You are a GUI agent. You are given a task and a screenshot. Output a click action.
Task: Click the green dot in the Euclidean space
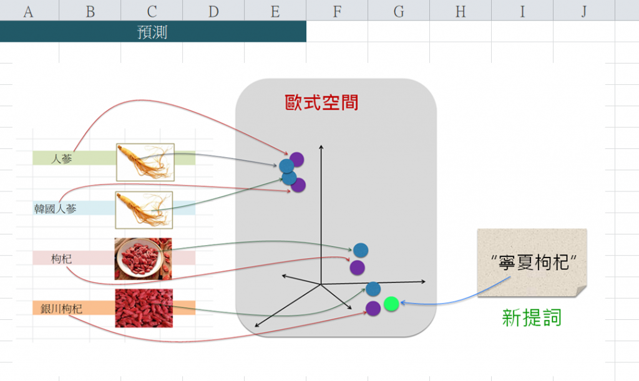tap(391, 304)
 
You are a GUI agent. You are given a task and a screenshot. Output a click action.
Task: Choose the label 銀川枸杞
tap(61, 308)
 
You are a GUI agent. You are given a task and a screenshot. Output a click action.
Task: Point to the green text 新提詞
tap(532, 317)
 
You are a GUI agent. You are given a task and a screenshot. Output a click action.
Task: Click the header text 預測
tap(152, 32)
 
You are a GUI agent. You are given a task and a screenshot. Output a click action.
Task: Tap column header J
tap(583, 11)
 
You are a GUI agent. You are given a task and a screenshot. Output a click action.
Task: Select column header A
tap(28, 11)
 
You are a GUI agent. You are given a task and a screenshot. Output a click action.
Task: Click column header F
tap(337, 11)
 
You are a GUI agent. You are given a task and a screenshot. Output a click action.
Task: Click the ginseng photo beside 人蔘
tap(145, 162)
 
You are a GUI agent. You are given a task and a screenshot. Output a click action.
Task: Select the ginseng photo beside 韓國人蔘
tap(144, 210)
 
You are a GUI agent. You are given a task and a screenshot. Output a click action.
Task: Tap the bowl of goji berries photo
tap(143, 259)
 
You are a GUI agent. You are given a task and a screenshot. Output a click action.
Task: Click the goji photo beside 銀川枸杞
tap(144, 308)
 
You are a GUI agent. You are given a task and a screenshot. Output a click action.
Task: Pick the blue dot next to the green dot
tap(373, 289)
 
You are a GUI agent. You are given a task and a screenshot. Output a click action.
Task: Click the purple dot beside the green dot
tap(373, 307)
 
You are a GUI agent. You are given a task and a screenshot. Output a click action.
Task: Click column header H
tap(461, 11)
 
